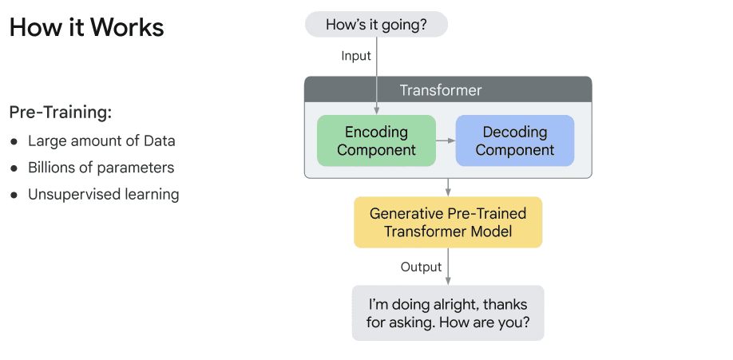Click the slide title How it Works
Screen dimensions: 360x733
(86, 28)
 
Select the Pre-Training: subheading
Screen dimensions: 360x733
(60, 113)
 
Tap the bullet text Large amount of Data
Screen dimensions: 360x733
(101, 141)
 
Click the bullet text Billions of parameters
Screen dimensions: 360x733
(101, 168)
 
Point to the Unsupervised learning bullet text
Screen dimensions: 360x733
(103, 194)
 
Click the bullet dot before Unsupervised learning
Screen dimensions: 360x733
(14, 195)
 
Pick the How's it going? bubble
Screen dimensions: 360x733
(376, 25)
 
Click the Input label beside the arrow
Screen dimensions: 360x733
(356, 56)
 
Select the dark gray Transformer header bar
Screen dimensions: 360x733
(448, 89)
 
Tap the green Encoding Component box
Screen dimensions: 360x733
(376, 140)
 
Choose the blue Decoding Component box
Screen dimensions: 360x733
(515, 140)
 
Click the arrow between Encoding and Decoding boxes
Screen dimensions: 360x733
(446, 140)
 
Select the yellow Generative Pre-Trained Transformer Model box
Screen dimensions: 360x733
(448, 223)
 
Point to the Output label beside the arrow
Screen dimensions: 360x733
(421, 267)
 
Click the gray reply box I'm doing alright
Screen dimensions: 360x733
(448, 314)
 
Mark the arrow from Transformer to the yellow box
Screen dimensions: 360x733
(448, 187)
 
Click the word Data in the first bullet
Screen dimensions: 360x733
(160, 141)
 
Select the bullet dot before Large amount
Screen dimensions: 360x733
(14, 142)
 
